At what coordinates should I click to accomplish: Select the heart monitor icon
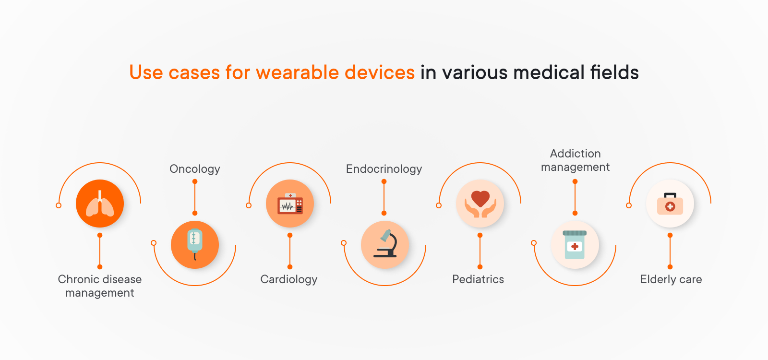tap(290, 204)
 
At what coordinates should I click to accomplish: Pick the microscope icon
tap(385, 243)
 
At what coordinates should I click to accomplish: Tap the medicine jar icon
tap(575, 245)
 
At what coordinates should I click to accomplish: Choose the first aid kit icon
tap(670, 204)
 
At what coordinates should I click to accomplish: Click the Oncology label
tap(195, 169)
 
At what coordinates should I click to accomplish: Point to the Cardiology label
tap(288, 279)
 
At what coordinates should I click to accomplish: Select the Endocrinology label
tap(384, 169)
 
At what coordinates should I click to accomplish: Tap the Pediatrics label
tap(478, 279)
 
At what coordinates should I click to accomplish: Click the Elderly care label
tap(671, 279)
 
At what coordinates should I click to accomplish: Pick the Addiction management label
tap(576, 160)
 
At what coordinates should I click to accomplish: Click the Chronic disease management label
tap(100, 286)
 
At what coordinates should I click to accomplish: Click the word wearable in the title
tap(298, 72)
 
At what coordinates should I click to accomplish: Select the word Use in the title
tap(146, 72)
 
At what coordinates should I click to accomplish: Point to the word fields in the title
tap(614, 72)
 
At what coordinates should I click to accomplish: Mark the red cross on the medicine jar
tap(575, 246)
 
